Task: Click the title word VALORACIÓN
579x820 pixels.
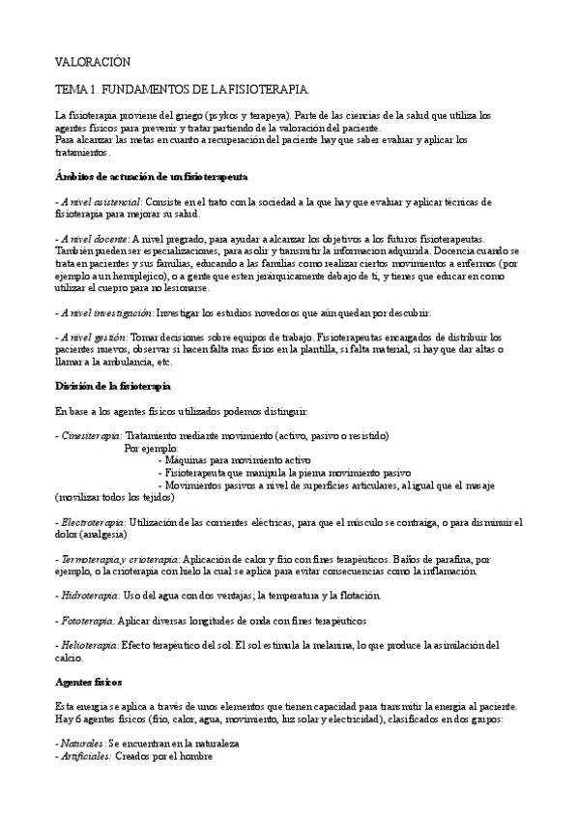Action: [x=92, y=61]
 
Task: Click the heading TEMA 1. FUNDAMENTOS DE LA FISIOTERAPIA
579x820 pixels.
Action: [x=183, y=89]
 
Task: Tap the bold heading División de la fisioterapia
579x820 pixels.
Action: [x=113, y=386]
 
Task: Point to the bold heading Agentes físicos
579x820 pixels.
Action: [x=88, y=682]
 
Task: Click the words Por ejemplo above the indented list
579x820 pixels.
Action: [x=152, y=449]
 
